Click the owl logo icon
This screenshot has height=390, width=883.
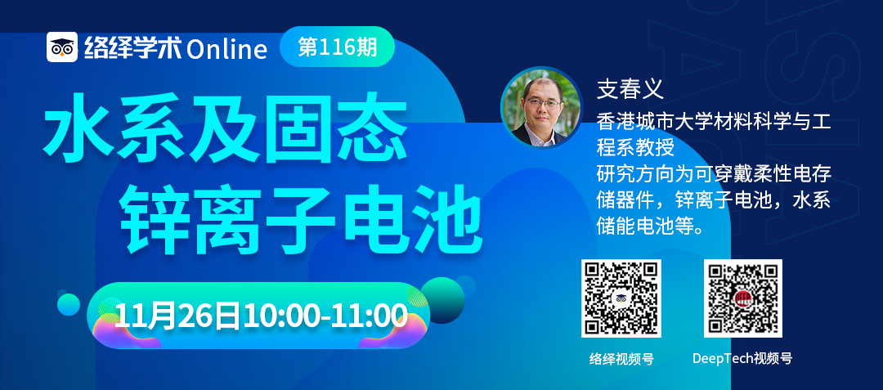pos(62,47)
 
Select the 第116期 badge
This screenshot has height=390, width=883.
pos(337,47)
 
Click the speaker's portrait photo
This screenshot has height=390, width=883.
pos(542,107)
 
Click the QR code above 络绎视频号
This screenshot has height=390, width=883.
pos(621,298)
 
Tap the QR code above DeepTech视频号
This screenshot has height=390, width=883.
pos(742,298)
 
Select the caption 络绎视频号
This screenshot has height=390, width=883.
pos(621,359)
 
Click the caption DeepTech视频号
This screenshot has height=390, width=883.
pos(742,359)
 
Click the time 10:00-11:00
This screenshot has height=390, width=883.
pos(325,316)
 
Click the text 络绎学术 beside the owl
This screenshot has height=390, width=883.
pos(133,48)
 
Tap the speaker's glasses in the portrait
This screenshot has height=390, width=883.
pos(542,103)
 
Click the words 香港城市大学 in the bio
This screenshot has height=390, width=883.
pos(648,120)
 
